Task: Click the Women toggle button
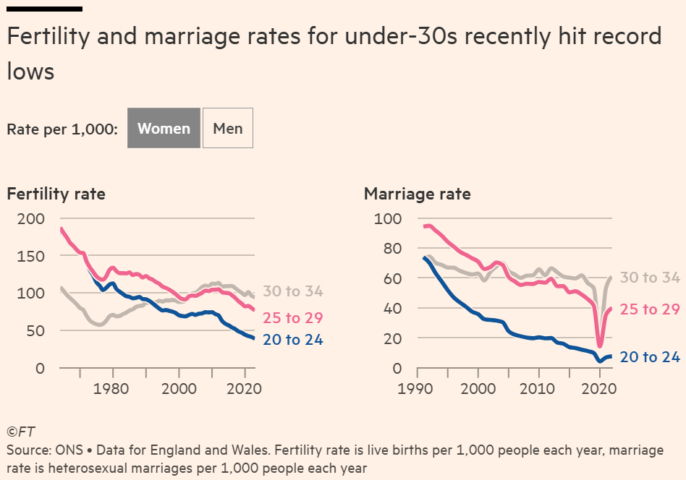pyautogui.click(x=164, y=128)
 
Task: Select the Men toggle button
pyautogui.click(x=227, y=128)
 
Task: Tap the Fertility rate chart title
pyautogui.click(x=56, y=194)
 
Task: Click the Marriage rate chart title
pyautogui.click(x=418, y=194)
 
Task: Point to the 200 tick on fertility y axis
pyautogui.click(x=30, y=218)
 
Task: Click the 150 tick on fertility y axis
pyautogui.click(x=30, y=256)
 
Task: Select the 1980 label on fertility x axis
pyautogui.click(x=111, y=389)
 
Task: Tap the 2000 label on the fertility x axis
pyautogui.click(x=179, y=389)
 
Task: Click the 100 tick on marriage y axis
pyautogui.click(x=388, y=218)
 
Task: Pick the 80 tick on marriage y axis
pyautogui.click(x=392, y=248)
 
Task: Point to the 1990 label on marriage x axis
pyautogui.click(x=415, y=389)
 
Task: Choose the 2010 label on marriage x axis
pyautogui.click(x=537, y=389)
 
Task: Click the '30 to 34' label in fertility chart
pyautogui.click(x=292, y=291)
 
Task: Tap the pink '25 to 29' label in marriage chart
pyautogui.click(x=650, y=309)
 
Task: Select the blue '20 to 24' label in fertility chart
pyautogui.click(x=292, y=339)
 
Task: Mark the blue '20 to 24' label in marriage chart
pyautogui.click(x=650, y=356)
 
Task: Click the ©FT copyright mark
pyautogui.click(x=20, y=432)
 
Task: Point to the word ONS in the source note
pyautogui.click(x=69, y=450)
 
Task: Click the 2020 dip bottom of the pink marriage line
pyautogui.click(x=600, y=346)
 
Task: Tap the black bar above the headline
pyautogui.click(x=45, y=9)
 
